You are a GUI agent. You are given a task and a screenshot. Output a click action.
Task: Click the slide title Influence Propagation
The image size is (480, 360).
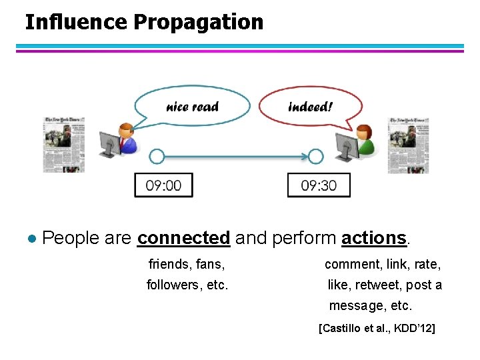pyautogui.click(x=144, y=22)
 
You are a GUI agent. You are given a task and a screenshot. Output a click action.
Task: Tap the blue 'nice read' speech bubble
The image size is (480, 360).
pyautogui.click(x=192, y=105)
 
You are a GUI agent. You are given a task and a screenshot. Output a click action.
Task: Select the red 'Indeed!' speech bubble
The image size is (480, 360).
pyautogui.click(x=310, y=105)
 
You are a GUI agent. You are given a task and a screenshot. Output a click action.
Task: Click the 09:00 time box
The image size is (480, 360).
pyautogui.click(x=163, y=185)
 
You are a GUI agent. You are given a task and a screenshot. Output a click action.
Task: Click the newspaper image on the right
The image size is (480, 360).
pyautogui.click(x=408, y=145)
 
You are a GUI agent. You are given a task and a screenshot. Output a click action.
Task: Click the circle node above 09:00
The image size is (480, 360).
pyautogui.click(x=157, y=157)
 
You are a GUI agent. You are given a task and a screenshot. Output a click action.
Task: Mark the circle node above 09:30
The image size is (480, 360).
pyautogui.click(x=315, y=157)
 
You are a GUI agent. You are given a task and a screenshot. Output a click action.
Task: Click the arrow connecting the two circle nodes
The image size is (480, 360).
pyautogui.click(x=236, y=157)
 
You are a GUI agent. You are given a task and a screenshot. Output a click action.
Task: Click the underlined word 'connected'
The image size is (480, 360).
pyautogui.click(x=183, y=238)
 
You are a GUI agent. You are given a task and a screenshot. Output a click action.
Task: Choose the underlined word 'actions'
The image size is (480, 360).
pyautogui.click(x=373, y=238)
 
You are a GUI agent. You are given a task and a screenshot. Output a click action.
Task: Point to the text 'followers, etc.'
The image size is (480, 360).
pyautogui.click(x=187, y=285)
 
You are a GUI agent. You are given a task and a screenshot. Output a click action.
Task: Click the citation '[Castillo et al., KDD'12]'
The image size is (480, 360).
pyautogui.click(x=377, y=328)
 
